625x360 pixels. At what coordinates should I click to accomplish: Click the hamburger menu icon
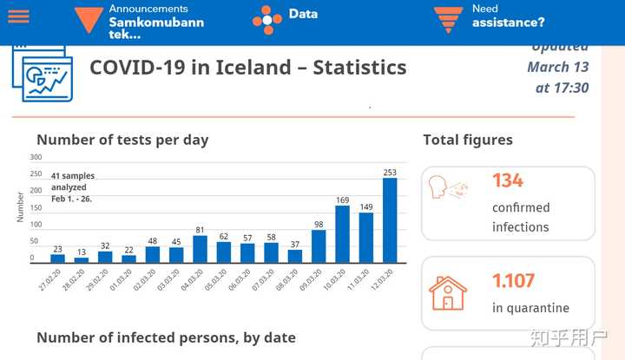18,16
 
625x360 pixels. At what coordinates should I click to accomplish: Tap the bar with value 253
390,219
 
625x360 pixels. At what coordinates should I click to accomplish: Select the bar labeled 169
342,233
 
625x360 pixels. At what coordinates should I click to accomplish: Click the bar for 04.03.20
200,248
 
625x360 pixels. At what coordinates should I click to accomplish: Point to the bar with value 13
82,259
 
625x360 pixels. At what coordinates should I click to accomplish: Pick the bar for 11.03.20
366,237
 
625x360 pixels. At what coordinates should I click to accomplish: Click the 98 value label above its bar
319,225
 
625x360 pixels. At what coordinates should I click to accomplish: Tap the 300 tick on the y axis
36,157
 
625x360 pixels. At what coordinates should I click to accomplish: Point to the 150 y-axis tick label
36,207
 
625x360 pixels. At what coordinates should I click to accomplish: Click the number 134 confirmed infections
508,180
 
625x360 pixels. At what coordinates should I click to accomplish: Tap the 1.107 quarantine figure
514,281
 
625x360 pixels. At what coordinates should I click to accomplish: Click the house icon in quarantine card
448,293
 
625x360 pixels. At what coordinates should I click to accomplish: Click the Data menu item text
303,14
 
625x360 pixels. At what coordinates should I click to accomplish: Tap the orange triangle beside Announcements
88,19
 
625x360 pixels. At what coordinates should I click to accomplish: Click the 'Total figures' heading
468,140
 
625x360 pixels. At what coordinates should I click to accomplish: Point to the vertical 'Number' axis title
21,207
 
